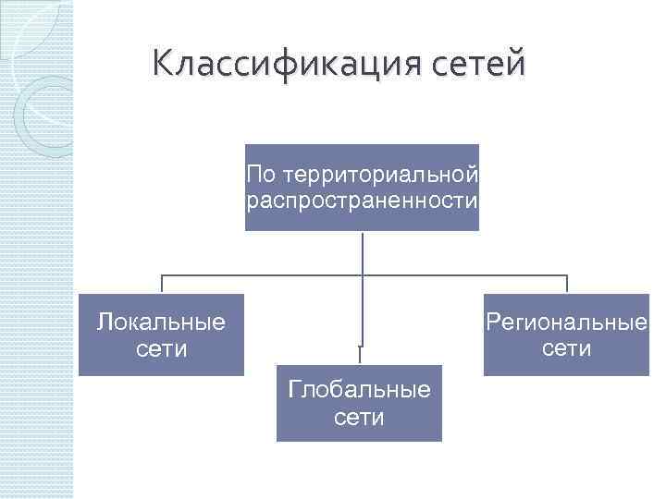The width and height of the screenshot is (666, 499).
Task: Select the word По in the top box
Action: pos(263,174)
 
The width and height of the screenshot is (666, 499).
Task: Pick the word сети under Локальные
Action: pos(162,349)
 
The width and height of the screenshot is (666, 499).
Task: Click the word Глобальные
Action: pos(359,389)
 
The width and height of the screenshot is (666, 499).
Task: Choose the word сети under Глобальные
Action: pos(359,418)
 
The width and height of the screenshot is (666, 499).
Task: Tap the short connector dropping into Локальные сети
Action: pos(162,285)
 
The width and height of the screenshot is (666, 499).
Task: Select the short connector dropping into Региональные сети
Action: pos(566,285)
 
